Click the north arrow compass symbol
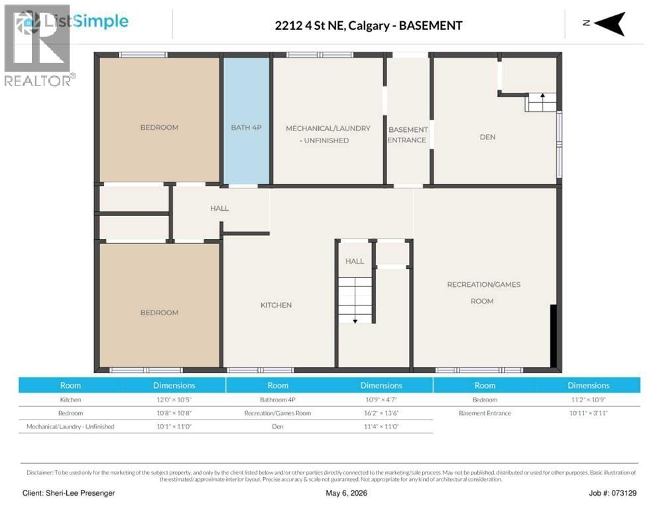[609, 24]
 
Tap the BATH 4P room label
[246, 127]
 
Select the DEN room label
[487, 137]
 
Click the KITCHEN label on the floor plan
[276, 305]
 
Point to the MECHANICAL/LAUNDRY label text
[328, 128]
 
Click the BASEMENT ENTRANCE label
[408, 135]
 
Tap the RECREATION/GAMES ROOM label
[483, 292]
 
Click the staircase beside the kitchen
[355, 300]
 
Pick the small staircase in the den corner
[540, 102]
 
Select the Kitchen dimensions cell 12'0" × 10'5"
[174, 400]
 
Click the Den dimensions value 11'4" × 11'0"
[381, 427]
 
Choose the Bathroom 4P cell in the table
[278, 400]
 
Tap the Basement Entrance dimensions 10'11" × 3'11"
[589, 413]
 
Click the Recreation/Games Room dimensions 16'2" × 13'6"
[381, 413]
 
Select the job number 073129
[624, 493]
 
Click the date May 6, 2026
[346, 493]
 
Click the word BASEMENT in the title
[430, 26]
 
